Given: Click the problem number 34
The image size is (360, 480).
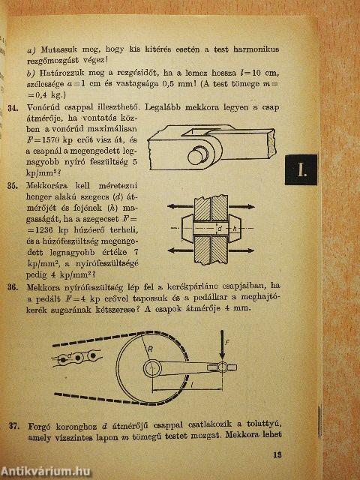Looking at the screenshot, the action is [x=13, y=108].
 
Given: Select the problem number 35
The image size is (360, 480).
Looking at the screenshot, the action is [x=13, y=186].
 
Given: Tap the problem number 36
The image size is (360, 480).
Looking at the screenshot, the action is [x=13, y=288].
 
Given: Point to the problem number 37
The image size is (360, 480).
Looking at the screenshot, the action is [x=14, y=426].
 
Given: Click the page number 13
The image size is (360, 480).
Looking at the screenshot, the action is [x=277, y=454].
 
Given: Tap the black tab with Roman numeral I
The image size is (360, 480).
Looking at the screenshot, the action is [x=301, y=170].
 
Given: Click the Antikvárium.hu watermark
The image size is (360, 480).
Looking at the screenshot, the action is [x=45, y=472].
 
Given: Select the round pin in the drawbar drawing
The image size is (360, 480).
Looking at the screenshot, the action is [x=197, y=156].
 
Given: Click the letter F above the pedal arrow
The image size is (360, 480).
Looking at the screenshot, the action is [x=227, y=343].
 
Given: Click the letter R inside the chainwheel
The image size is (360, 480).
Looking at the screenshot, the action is [x=150, y=349].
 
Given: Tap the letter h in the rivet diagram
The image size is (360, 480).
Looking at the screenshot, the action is [x=235, y=228].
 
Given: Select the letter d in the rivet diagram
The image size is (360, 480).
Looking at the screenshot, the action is [x=219, y=228].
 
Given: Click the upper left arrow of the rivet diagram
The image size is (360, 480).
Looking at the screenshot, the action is [x=181, y=207].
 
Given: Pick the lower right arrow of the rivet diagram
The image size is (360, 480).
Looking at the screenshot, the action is [x=241, y=250].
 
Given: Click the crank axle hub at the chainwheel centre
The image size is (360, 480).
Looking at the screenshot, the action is [x=152, y=368].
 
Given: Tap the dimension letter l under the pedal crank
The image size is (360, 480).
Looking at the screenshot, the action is [x=191, y=386].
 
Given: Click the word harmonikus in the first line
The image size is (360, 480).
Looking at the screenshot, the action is [x=256, y=49].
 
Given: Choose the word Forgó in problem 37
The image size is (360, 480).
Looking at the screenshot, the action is [x=39, y=427].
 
